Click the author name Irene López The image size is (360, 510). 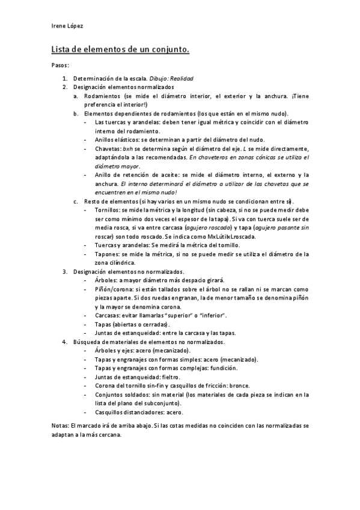pos(67,25)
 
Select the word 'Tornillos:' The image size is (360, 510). pos(109,210)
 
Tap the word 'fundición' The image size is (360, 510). pos(224,368)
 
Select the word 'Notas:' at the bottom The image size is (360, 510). pos(61,425)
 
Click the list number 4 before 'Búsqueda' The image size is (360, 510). pos(65,342)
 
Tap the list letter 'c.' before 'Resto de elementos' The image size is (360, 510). pos(76,201)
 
